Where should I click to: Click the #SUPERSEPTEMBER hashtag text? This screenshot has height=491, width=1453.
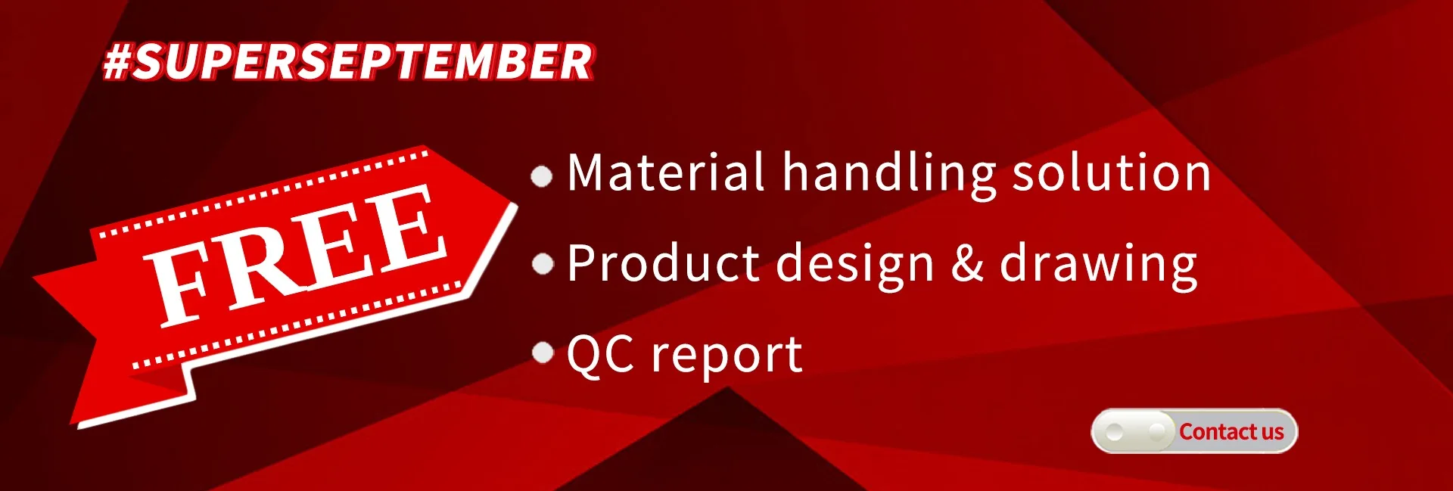(348, 61)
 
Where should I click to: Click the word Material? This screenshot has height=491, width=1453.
(666, 172)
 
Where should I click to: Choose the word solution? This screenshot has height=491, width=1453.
(1112, 172)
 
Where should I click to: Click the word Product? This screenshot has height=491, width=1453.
(664, 263)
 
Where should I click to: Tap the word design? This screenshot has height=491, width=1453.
(856, 266)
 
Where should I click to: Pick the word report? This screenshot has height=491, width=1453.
(727, 356)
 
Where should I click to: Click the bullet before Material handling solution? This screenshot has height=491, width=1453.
(542, 176)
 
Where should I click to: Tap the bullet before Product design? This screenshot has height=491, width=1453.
(543, 264)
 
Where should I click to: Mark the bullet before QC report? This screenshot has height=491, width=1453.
(543, 353)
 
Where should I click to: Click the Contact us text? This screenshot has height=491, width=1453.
(1231, 432)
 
